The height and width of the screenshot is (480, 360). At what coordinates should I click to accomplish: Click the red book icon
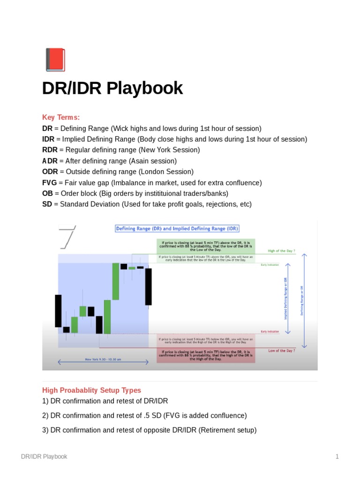(x=54, y=60)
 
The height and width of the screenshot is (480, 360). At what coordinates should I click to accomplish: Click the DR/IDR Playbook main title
(x=112, y=88)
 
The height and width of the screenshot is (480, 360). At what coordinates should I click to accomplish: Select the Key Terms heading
(x=61, y=117)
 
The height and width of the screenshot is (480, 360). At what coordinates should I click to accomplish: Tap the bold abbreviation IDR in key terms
(x=48, y=139)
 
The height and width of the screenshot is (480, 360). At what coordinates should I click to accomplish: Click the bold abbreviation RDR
(x=49, y=150)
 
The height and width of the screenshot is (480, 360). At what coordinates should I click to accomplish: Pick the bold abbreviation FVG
(x=49, y=183)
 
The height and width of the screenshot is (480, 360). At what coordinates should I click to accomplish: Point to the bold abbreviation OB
(x=47, y=194)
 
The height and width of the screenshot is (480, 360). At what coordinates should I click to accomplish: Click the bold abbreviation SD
(x=47, y=204)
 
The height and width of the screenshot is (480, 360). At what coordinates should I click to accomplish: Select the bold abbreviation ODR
(x=50, y=172)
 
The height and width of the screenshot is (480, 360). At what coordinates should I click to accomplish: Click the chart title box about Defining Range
(x=177, y=229)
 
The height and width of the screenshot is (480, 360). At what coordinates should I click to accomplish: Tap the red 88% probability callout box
(x=206, y=354)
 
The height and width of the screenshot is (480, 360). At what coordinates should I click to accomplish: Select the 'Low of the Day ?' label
(x=281, y=351)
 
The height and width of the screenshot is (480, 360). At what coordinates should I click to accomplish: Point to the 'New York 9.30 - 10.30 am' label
(x=103, y=360)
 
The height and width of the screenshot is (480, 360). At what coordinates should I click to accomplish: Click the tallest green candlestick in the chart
(x=115, y=281)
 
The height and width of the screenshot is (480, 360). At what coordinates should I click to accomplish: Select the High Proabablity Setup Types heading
(x=91, y=390)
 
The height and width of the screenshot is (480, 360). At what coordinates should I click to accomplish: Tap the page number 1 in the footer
(x=337, y=457)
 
